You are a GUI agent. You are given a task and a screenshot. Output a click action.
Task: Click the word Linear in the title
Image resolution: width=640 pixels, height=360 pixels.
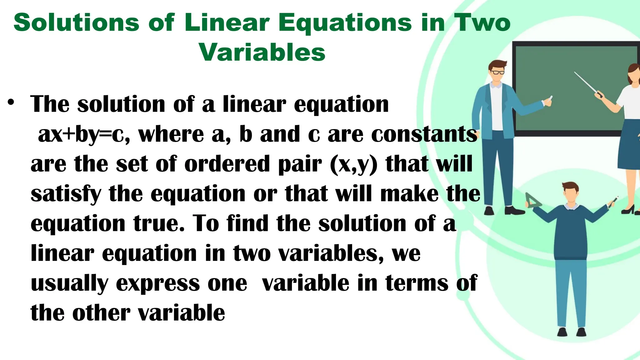(x=227, y=23)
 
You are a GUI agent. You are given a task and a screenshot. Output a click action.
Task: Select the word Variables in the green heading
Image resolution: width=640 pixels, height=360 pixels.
(x=262, y=52)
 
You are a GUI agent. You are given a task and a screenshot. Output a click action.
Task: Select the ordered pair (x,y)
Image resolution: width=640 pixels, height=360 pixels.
(x=354, y=164)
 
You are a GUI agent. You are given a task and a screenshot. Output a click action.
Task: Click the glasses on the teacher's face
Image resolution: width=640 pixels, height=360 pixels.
(x=497, y=72)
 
